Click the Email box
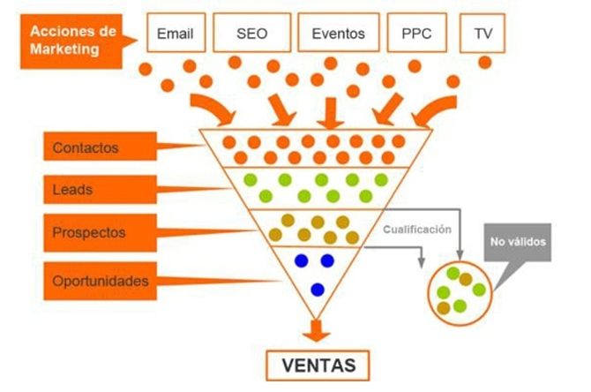(x=176, y=33)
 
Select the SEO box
(x=251, y=33)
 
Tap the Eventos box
(x=339, y=33)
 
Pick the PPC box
(x=417, y=33)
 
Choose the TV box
(x=483, y=33)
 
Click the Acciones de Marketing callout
(x=71, y=41)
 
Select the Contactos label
(x=101, y=147)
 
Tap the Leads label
(x=101, y=190)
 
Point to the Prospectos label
(x=101, y=233)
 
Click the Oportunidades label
(x=101, y=281)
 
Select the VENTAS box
(x=318, y=366)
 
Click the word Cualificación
(x=417, y=230)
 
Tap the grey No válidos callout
(x=518, y=242)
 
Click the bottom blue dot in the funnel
(x=318, y=290)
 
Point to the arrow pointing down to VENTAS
(x=317, y=330)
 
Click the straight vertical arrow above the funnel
(x=331, y=113)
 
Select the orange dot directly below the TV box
(x=485, y=63)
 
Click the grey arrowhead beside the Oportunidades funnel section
(x=422, y=263)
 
